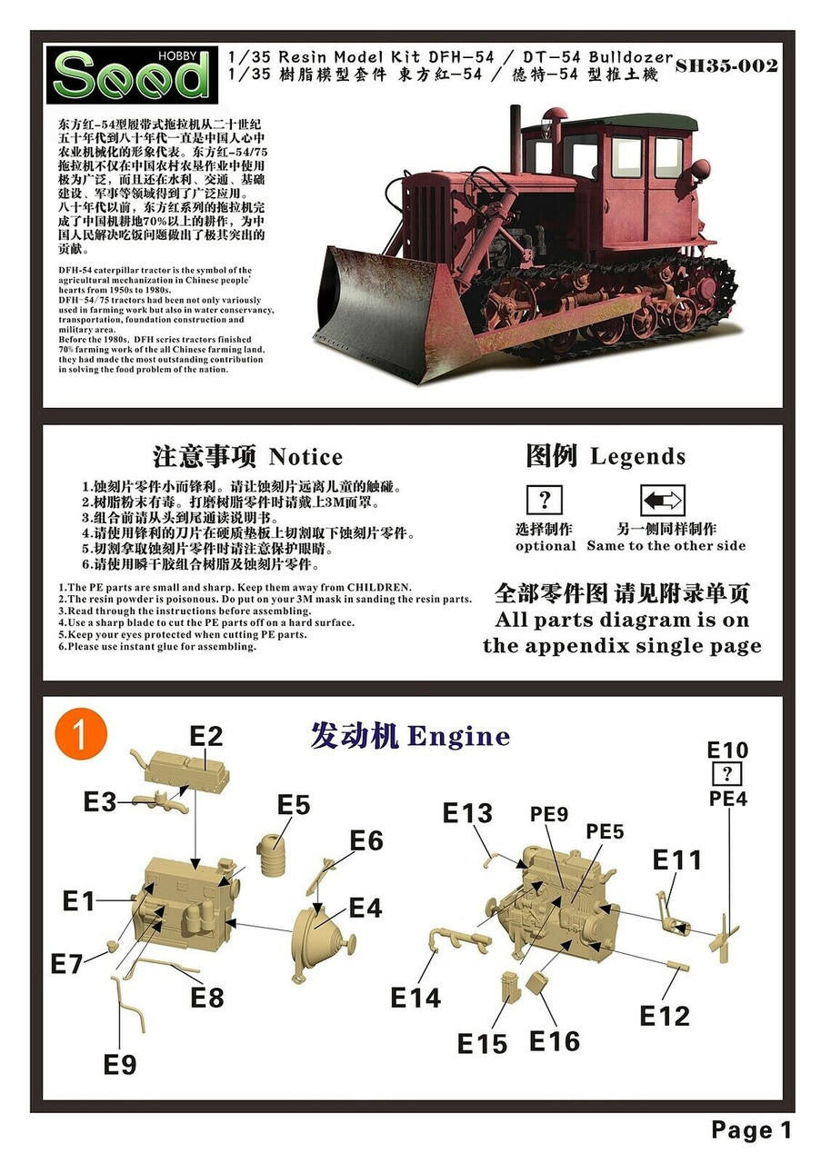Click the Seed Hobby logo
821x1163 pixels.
[x=132, y=75]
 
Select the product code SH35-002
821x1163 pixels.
[x=726, y=66]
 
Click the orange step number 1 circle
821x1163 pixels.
[x=81, y=735]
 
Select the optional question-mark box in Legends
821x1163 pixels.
[x=544, y=500]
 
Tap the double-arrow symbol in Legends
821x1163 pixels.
[x=662, y=500]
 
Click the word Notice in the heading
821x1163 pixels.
[x=305, y=457]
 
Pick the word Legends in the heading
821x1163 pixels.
[x=637, y=456]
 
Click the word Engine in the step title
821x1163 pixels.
[x=458, y=737]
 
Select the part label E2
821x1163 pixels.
[x=205, y=736]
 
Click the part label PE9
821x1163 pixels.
[x=549, y=814]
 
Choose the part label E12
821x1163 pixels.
[x=664, y=1016]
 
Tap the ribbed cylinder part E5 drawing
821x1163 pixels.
[x=272, y=855]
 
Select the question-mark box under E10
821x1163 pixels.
[x=727, y=774]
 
